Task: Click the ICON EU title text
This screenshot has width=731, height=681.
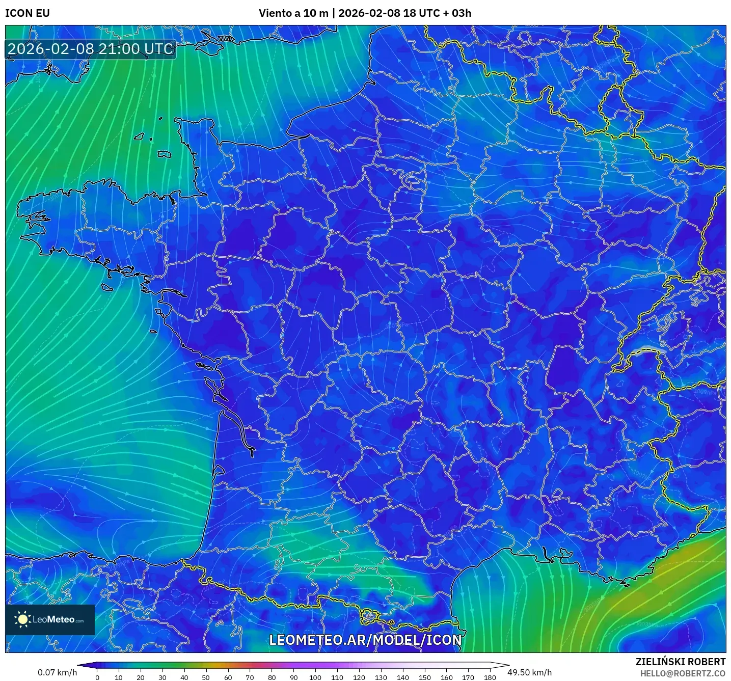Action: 28,13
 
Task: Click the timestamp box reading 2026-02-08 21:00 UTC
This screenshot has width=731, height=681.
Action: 91,49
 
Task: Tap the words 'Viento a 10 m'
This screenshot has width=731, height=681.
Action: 293,13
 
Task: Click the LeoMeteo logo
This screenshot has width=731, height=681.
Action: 50,619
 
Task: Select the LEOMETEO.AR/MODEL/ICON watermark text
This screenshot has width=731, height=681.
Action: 365,640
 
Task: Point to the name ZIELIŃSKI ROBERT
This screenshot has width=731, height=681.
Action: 681,662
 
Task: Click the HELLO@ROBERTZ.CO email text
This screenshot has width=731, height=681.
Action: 683,673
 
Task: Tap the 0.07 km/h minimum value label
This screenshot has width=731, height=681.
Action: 57,672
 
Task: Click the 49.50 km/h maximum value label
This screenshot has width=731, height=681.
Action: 529,672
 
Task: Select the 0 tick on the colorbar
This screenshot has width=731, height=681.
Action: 97,677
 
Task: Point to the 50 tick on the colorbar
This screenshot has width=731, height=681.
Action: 206,677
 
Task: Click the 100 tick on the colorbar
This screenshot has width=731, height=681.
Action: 315,677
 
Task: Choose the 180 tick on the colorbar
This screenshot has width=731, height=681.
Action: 490,677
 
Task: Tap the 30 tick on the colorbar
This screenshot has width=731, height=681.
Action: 163,677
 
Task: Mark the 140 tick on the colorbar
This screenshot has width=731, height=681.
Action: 402,677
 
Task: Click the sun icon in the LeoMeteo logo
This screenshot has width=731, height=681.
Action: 22,619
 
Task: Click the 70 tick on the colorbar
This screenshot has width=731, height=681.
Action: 250,677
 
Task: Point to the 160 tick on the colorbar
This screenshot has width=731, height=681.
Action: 446,677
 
